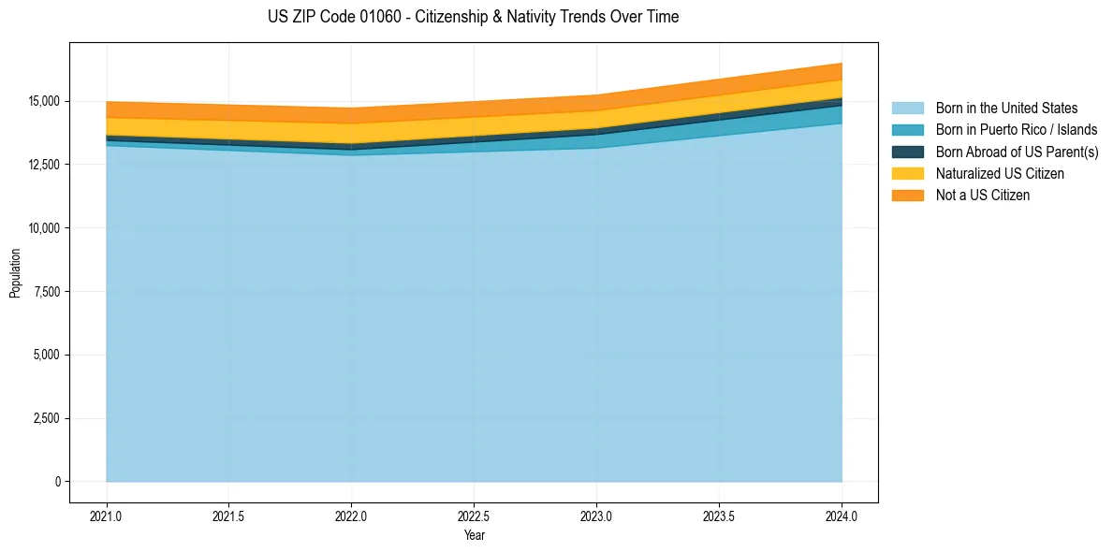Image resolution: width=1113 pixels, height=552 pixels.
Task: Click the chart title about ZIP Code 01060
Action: click(x=473, y=17)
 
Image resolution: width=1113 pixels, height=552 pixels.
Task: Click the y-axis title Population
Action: click(x=15, y=273)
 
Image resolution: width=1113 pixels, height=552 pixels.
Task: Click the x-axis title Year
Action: click(x=474, y=535)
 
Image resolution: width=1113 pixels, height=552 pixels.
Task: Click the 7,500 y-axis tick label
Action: click(x=44, y=292)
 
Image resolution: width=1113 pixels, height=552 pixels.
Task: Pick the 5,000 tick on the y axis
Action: click(x=44, y=355)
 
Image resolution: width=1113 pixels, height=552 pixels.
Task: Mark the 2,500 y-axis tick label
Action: click(x=44, y=418)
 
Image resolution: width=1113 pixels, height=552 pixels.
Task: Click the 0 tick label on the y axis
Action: click(x=57, y=482)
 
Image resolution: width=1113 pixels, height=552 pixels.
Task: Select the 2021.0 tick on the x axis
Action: click(x=107, y=516)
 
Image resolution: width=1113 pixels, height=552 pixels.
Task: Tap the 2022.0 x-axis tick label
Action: click(x=351, y=516)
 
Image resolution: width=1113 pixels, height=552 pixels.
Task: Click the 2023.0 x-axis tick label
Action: click(x=596, y=516)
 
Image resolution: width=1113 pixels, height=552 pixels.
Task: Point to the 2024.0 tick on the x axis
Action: click(x=842, y=516)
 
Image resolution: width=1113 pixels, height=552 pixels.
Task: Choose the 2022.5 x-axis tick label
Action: click(x=474, y=516)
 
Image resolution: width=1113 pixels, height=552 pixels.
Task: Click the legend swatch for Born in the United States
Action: click(x=907, y=109)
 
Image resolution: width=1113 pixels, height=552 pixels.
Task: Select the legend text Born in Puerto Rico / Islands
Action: click(x=1016, y=130)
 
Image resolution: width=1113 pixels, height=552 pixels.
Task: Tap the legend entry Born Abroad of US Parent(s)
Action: click(x=1017, y=152)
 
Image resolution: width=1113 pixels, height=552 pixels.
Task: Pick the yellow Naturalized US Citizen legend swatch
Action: click(x=907, y=174)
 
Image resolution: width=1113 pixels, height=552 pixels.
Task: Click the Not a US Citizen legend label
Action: click(x=982, y=196)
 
